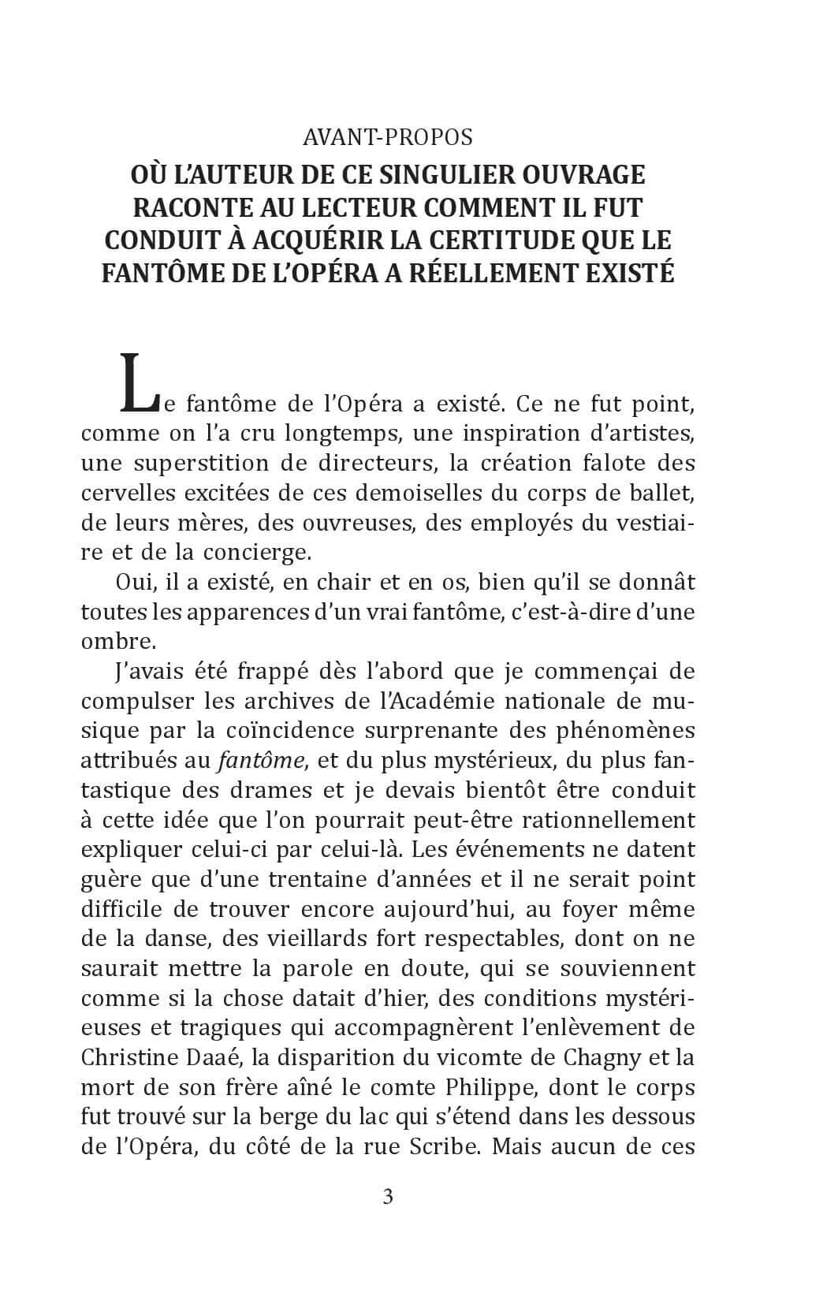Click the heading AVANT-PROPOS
tap(388, 137)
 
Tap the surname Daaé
tap(208, 1058)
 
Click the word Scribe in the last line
tap(444, 1147)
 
